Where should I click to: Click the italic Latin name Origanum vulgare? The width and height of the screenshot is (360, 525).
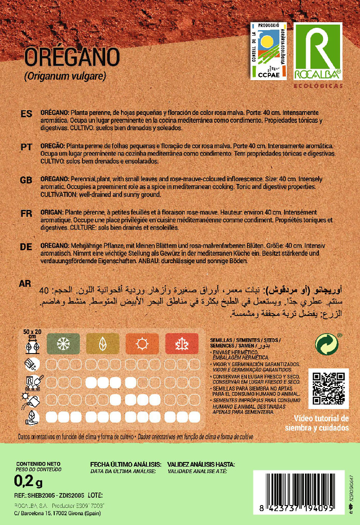click(x=65, y=76)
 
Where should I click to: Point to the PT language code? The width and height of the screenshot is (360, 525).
click(x=26, y=147)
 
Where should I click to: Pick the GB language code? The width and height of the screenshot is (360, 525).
click(x=26, y=180)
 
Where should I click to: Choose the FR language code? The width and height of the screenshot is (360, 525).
click(x=26, y=213)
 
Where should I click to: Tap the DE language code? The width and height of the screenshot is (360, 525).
click(x=26, y=247)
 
